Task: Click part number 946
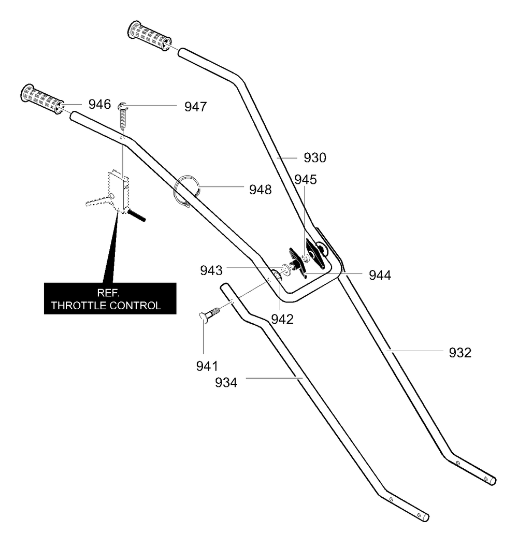tap(99, 104)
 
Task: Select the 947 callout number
tap(195, 107)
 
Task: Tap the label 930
tap(315, 157)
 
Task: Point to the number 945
tap(306, 179)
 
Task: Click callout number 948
tap(261, 190)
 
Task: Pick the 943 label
tap(211, 270)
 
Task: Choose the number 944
tap(380, 275)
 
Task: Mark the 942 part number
tap(282, 319)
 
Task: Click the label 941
tap(207, 366)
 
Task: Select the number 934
tap(226, 383)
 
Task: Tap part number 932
tap(460, 353)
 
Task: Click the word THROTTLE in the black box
tap(78, 306)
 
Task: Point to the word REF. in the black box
tap(108, 293)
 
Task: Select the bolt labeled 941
tap(210, 313)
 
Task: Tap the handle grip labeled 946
tap(42, 99)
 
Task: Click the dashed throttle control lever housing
tap(119, 191)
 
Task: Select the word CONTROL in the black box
tap(135, 306)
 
